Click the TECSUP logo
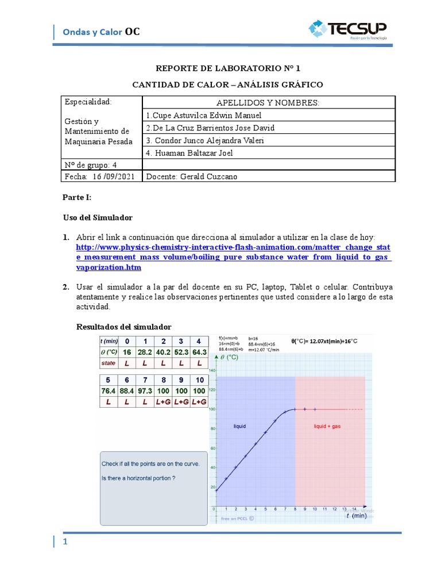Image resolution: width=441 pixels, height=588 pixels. (347, 29)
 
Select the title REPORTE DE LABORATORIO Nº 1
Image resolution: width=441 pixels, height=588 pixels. (228, 68)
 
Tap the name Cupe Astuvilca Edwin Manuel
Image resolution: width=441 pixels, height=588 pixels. (203, 115)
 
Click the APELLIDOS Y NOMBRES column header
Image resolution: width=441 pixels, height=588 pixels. (268, 102)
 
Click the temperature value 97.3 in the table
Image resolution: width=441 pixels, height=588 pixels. (146, 390)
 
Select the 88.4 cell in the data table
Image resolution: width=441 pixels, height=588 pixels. (126, 390)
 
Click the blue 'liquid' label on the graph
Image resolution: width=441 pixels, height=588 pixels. (239, 426)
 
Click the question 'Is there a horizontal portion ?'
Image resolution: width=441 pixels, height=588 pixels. (138, 478)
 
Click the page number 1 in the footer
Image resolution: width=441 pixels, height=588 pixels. (65, 542)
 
